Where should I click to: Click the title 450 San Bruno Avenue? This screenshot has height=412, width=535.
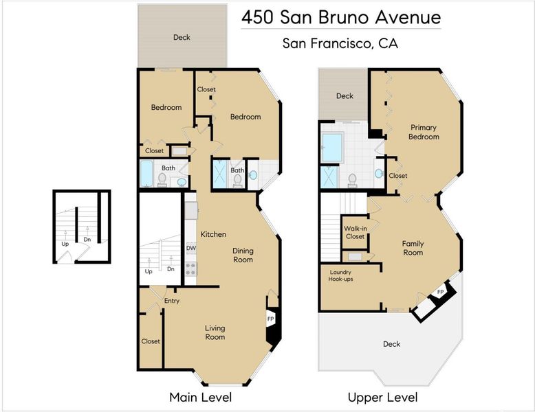click(x=341, y=17)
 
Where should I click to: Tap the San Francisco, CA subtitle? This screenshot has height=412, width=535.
click(x=340, y=43)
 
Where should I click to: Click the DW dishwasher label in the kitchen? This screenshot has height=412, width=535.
click(x=191, y=248)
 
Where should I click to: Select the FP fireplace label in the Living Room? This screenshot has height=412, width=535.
click(x=270, y=319)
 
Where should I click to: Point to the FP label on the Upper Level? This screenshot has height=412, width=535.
click(x=441, y=292)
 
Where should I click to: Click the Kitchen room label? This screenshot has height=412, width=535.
click(x=213, y=234)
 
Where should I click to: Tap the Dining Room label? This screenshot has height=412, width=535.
click(x=243, y=255)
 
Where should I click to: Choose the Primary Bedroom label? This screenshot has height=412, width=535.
click(x=424, y=132)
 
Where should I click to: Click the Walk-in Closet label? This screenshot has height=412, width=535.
click(x=356, y=232)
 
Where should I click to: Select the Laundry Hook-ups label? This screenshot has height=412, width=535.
click(x=340, y=275)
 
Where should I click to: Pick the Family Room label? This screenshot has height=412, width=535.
click(x=413, y=248)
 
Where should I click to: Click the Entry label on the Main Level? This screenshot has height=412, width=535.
click(x=172, y=301)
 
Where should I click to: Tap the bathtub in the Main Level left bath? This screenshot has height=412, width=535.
click(x=146, y=174)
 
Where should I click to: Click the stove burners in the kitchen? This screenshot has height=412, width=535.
click(x=191, y=269)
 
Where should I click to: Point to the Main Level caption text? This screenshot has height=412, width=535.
click(x=201, y=398)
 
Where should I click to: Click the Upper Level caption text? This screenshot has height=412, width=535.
click(x=382, y=398)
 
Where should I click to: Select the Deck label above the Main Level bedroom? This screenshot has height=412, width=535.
click(x=182, y=37)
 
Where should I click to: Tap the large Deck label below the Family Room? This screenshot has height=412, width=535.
click(x=391, y=344)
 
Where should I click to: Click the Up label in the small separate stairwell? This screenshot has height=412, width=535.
click(x=65, y=244)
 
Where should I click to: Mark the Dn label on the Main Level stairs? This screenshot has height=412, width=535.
click(x=171, y=269)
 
